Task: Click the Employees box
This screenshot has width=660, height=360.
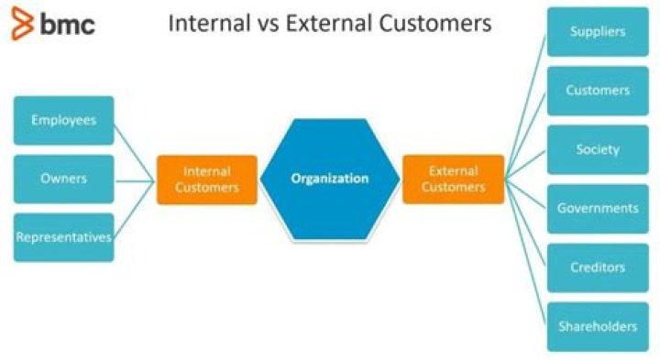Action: pyautogui.click(x=64, y=120)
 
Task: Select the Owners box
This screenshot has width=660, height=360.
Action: pyautogui.click(x=64, y=179)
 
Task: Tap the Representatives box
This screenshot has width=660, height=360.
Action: pyautogui.click(x=64, y=237)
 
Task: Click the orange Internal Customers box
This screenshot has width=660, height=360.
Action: pyautogui.click(x=206, y=179)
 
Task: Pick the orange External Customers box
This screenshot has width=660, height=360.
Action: pyautogui.click(x=453, y=179)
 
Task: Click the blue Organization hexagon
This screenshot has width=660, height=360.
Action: pyautogui.click(x=329, y=179)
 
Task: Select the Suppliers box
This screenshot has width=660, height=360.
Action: pyautogui.click(x=598, y=32)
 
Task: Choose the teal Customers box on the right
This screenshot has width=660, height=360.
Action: pyautogui.click(x=598, y=91)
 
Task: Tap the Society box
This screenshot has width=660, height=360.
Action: pyautogui.click(x=598, y=149)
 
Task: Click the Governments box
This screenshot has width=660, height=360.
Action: pyautogui.click(x=598, y=208)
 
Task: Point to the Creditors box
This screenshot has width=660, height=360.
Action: pyautogui.click(x=598, y=267)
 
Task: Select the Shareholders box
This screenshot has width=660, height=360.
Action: pyautogui.click(x=598, y=326)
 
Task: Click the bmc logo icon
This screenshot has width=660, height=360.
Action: pyautogui.click(x=20, y=23)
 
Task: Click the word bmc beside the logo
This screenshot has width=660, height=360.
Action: pyautogui.click(x=66, y=25)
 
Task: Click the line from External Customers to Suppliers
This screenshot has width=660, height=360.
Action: pyautogui.click(x=526, y=105)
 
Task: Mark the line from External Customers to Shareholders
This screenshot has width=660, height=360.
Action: pyautogui.click(x=526, y=253)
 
